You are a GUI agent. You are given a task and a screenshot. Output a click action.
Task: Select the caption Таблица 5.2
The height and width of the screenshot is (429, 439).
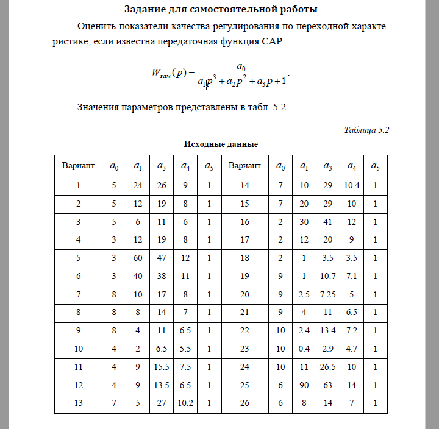(366, 130)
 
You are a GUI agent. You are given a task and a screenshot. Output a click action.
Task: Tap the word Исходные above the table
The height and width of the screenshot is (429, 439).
(202, 144)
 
